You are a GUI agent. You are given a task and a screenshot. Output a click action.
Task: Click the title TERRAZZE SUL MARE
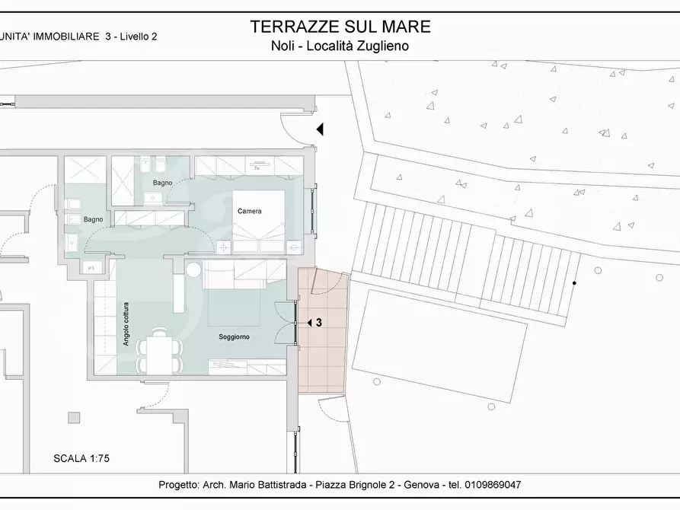tap(340, 27)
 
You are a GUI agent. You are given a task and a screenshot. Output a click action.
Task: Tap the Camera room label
tap(250, 211)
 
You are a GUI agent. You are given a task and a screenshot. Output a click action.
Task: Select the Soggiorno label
tap(234, 336)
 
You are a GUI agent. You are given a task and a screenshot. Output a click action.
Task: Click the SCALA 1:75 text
tap(82, 458)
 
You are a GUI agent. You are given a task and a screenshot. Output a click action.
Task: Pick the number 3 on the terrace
tap(318, 323)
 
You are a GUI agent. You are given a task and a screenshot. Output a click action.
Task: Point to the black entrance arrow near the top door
tap(321, 129)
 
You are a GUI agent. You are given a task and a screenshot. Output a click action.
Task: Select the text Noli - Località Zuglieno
tap(340, 46)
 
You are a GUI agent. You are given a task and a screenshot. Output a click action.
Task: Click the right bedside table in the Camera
tap(293, 246)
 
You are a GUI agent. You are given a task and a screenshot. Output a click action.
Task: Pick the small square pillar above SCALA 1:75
tap(74, 417)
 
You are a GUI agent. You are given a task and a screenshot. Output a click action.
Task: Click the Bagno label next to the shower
tap(162, 183)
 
